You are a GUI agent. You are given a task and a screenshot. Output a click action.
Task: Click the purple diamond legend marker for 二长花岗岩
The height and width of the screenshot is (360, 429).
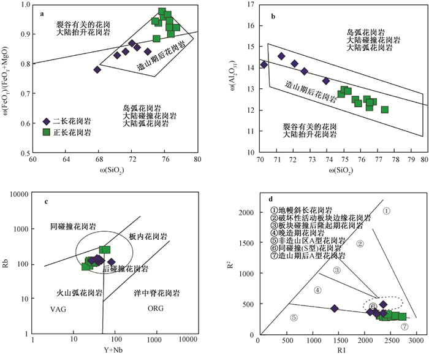(x=47, y=121)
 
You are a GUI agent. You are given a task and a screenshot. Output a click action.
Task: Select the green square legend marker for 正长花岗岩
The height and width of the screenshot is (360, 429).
(x=47, y=131)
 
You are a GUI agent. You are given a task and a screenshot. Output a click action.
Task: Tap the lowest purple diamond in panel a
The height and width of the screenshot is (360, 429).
(x=97, y=69)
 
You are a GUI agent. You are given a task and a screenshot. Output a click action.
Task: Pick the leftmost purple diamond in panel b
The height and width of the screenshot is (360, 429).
(x=264, y=64)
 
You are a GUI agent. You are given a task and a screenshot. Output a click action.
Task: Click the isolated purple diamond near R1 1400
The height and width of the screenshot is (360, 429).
(x=335, y=308)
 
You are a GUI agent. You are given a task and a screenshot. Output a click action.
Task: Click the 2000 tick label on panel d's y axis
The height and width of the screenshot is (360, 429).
(x=245, y=213)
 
